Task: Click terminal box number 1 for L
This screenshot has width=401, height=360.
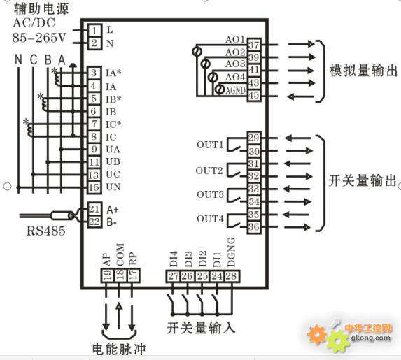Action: [94, 30]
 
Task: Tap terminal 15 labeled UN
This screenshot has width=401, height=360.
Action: [94, 187]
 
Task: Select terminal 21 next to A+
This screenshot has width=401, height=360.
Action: [94, 209]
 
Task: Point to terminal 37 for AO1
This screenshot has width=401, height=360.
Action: [254, 45]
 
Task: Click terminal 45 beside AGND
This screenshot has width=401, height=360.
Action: [254, 95]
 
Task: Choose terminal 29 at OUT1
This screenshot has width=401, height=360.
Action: [254, 138]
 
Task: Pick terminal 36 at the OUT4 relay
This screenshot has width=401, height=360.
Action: [254, 226]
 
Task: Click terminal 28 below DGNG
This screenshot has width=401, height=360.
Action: [232, 276]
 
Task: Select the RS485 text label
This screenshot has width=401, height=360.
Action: [46, 231]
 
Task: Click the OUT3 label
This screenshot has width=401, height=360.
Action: [210, 194]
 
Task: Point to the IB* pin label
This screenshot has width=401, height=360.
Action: [113, 99]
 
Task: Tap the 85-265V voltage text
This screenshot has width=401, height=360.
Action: [39, 38]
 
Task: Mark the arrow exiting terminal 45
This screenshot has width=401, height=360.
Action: [300, 96]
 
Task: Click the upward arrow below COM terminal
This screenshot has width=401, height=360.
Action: [119, 316]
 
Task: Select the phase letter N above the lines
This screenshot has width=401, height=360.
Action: [18, 60]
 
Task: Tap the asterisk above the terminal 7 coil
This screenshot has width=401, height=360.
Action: [26, 122]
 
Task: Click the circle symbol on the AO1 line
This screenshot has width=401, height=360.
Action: [197, 51]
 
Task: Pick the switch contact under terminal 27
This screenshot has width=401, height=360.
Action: [171, 303]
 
